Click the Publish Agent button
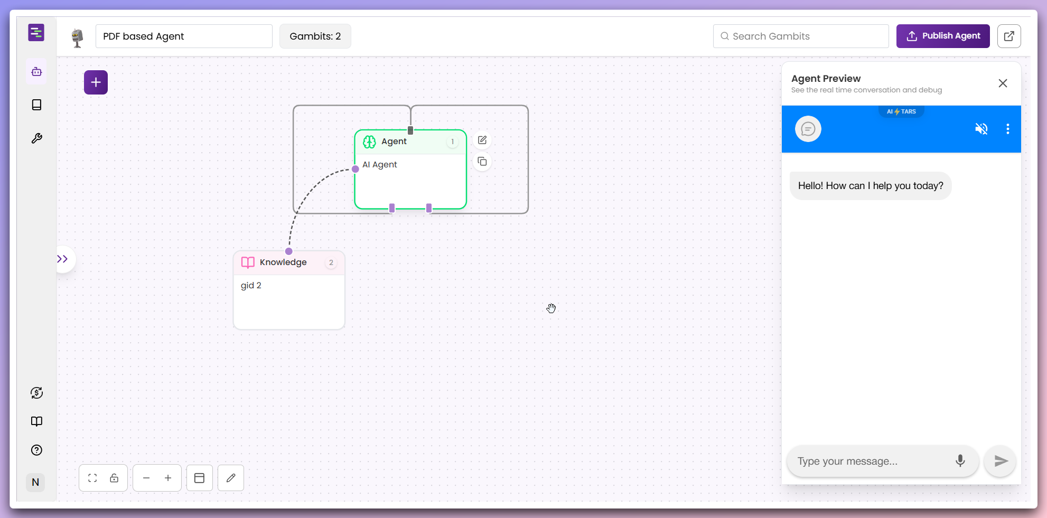(x=943, y=36)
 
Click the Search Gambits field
(x=801, y=36)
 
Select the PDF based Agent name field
(x=184, y=36)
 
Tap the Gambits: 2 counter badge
(x=315, y=36)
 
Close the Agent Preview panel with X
(x=1003, y=83)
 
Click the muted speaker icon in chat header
(x=981, y=129)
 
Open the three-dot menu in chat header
(x=1008, y=129)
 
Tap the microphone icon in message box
(x=960, y=461)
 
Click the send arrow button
(x=1001, y=461)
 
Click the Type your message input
(x=872, y=461)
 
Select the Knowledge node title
(x=283, y=262)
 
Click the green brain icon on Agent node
(x=369, y=142)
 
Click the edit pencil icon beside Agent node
(x=482, y=140)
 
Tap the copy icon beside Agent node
(x=482, y=162)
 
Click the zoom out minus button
(x=146, y=478)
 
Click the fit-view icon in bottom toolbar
(x=92, y=478)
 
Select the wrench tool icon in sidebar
(x=36, y=138)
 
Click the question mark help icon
(x=36, y=450)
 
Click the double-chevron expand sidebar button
(x=63, y=259)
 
